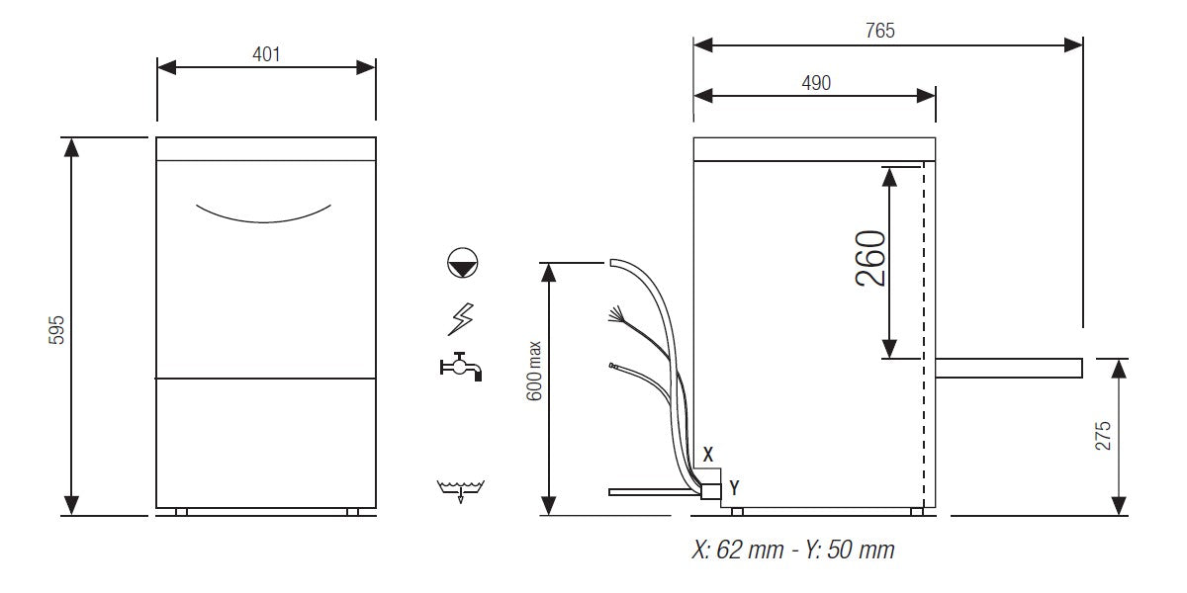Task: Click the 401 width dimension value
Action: [x=266, y=54]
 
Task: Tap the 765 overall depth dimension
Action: [x=879, y=31]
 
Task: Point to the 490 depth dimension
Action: [x=816, y=83]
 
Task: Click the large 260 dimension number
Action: [x=870, y=259]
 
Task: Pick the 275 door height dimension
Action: [x=1104, y=436]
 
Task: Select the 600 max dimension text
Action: [x=534, y=371]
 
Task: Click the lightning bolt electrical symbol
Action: [x=461, y=318]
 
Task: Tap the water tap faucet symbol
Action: [x=460, y=367]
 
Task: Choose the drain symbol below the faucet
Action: [x=460, y=489]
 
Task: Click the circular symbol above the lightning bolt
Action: [x=462, y=264]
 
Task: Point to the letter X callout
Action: [x=707, y=455]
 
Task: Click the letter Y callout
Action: [x=733, y=486]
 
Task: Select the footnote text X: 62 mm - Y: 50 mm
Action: [x=793, y=551]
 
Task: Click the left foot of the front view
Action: [x=181, y=512]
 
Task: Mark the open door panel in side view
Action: [x=1008, y=368]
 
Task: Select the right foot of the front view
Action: [x=353, y=512]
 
